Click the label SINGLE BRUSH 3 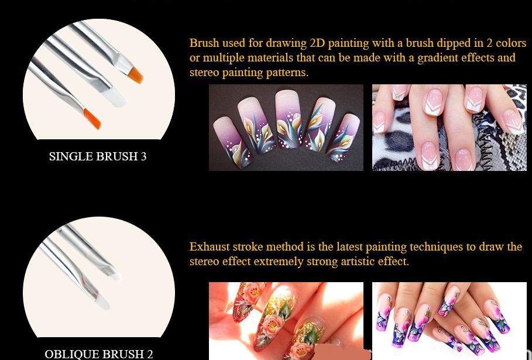click(x=98, y=156)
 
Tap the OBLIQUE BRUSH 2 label click(x=99, y=354)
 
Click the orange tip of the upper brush click(x=135, y=75)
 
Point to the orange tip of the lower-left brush click(x=92, y=119)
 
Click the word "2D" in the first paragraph click(x=317, y=43)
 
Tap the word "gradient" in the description click(x=437, y=59)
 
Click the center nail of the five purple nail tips click(x=288, y=118)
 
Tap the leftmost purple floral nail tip click(x=231, y=142)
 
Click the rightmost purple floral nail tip click(x=343, y=137)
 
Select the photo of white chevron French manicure click(x=449, y=128)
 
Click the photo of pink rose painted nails click(x=286, y=321)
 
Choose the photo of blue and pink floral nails click(x=449, y=321)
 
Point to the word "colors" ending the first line click(x=511, y=43)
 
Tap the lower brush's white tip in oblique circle click(x=101, y=300)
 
